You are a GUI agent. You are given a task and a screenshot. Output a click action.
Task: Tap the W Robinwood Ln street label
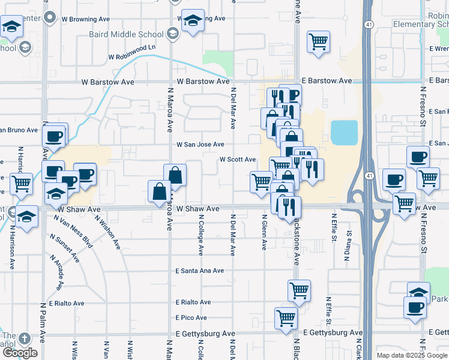point(131,56)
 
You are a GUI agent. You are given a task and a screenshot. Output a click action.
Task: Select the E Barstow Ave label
point(327,80)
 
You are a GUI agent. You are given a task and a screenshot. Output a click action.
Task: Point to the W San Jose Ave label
point(200,145)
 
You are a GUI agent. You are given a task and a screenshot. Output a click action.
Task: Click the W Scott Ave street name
point(238,160)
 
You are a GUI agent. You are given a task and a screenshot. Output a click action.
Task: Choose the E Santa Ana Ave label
point(200,271)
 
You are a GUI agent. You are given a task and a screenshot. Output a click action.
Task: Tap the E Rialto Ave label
point(193,302)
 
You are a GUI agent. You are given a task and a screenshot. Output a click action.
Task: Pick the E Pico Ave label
point(191,318)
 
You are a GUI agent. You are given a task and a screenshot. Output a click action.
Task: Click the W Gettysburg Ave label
point(206,334)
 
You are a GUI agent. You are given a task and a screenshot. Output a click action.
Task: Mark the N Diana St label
point(347,247)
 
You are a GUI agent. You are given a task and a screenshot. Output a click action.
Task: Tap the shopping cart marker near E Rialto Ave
point(299,291)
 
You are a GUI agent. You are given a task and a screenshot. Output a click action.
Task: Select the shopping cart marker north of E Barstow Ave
point(318,41)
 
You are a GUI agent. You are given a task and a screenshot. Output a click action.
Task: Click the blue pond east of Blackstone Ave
point(343,133)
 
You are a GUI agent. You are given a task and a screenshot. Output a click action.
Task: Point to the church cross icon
point(25,338)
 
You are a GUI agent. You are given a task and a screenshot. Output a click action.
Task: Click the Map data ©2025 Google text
point(412,355)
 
